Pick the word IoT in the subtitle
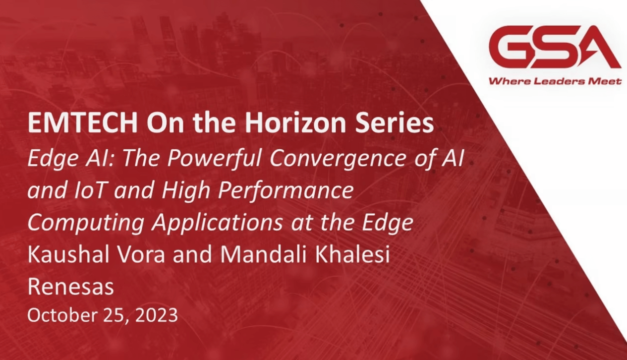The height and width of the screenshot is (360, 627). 90,190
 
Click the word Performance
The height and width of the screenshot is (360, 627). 286,190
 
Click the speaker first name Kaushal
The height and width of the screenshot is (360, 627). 68,254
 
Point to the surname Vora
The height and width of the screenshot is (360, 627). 140,255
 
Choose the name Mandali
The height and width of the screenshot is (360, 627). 263,254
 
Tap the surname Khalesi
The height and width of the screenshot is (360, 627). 352,254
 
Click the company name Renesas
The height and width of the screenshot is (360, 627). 71,287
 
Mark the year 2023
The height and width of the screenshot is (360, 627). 157,315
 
